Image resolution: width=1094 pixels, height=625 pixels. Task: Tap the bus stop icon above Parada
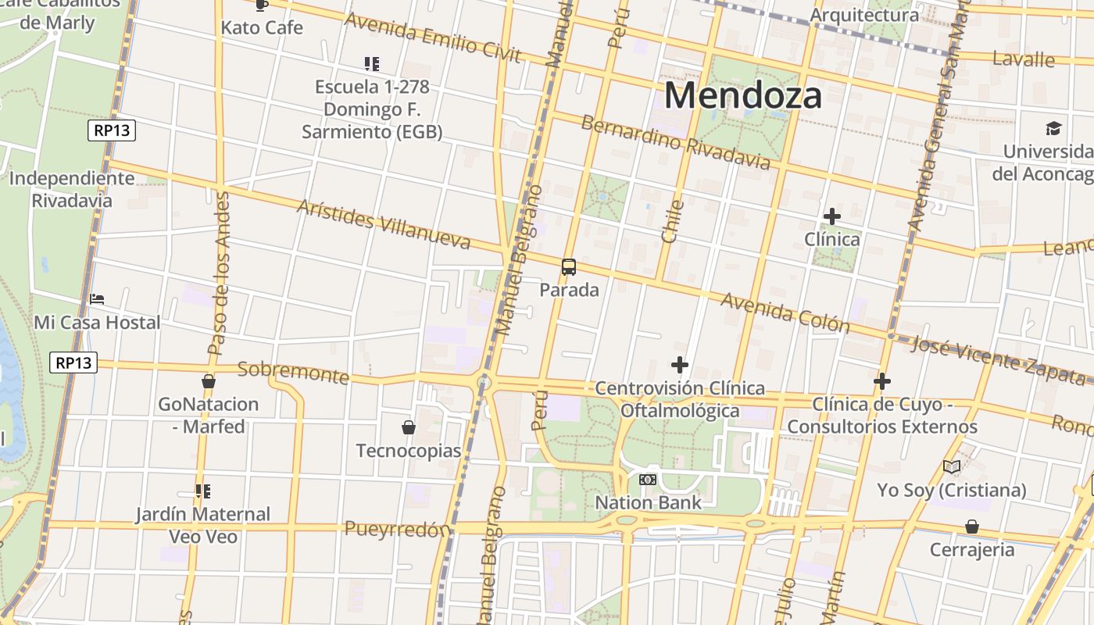pos(569,267)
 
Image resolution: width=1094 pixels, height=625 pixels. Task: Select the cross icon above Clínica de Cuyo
pos(882,381)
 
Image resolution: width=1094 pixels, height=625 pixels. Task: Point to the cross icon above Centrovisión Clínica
pos(680,364)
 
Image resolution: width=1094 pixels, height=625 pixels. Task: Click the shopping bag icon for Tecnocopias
pos(408,427)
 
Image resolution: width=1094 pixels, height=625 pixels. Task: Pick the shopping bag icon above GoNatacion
pos(209,381)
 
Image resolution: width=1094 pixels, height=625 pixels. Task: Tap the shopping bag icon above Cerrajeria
pos(971,527)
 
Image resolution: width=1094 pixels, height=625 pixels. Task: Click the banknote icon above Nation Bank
pos(648,480)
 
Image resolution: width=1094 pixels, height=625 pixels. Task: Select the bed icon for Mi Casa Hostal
pos(97,298)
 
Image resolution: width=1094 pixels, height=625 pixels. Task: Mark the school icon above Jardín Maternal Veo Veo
pos(203,491)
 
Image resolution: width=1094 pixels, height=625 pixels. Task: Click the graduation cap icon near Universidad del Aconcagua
pos(1054,128)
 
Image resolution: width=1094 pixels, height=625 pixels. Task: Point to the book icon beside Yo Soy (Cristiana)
pos(951,467)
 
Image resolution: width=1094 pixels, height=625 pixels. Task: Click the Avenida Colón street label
pos(785,312)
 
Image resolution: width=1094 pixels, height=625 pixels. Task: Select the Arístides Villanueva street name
pos(384,224)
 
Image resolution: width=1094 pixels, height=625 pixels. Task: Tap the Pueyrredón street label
pos(398,529)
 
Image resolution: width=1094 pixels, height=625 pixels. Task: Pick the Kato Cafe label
pos(262,28)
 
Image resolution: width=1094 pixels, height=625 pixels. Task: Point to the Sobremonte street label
pos(293,372)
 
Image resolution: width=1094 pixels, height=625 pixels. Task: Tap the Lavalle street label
pos(1023,59)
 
